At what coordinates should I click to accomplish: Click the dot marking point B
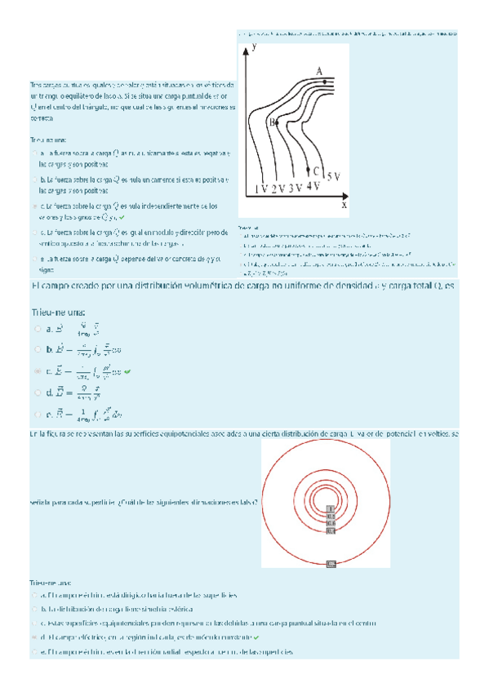(x=278, y=121)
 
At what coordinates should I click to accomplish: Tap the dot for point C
(x=308, y=171)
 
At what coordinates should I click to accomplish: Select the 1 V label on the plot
(x=260, y=189)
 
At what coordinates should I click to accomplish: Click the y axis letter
(x=256, y=48)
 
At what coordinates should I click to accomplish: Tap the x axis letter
(x=344, y=206)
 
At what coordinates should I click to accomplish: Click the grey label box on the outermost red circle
(x=331, y=563)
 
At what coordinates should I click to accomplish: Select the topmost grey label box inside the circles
(x=331, y=509)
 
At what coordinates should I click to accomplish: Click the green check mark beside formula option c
(x=128, y=371)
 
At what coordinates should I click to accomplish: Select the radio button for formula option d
(x=38, y=393)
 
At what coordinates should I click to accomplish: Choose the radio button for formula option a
(x=38, y=329)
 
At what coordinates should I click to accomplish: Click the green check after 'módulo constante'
(x=256, y=637)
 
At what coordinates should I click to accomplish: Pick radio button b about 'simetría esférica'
(x=33, y=610)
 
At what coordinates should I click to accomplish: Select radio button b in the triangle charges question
(x=33, y=180)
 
